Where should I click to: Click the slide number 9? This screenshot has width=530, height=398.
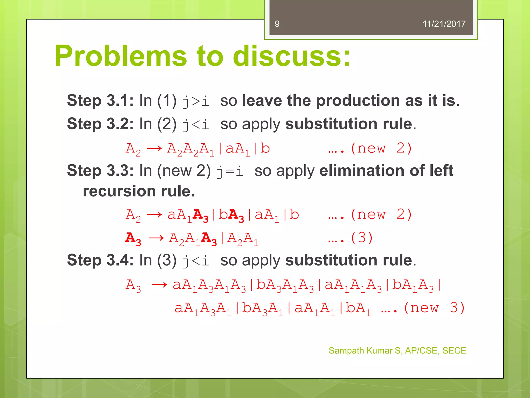click(x=277, y=24)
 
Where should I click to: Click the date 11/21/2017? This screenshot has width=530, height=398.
click(x=444, y=24)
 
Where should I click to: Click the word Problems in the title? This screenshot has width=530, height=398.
click(x=121, y=56)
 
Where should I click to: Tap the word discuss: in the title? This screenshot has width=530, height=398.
click(x=292, y=56)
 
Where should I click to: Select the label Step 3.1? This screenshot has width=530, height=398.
click(x=100, y=101)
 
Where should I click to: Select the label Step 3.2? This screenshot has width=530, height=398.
click(x=100, y=124)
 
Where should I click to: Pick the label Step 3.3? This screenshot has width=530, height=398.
click(x=100, y=170)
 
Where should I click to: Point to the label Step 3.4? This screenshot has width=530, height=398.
click(x=100, y=260)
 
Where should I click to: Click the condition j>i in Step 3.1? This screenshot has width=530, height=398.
click(x=196, y=101)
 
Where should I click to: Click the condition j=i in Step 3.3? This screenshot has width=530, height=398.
click(x=230, y=171)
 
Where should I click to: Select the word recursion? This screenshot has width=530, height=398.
click(x=119, y=191)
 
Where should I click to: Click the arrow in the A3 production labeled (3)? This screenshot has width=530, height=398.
click(x=156, y=238)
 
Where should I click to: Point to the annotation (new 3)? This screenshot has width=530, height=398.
click(x=434, y=308)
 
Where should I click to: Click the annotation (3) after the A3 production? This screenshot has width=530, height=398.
click(x=362, y=238)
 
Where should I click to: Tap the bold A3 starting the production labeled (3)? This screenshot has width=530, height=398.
click(x=133, y=238)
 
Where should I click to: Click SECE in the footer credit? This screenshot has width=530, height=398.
click(x=454, y=351)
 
